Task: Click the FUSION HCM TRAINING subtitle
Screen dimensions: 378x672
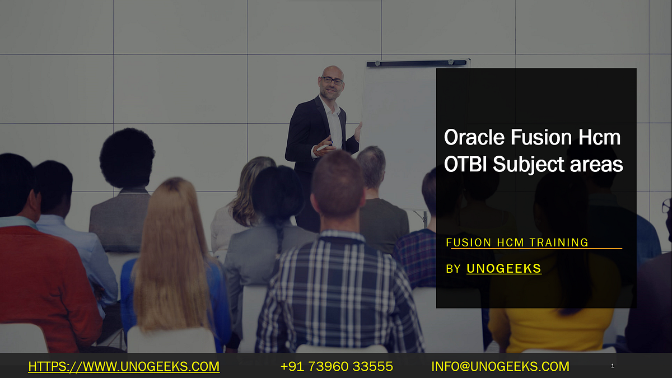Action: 517,242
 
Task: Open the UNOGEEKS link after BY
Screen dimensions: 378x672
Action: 504,269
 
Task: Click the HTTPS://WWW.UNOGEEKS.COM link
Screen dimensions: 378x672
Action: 124,367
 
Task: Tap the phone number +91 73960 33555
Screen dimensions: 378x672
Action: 337,367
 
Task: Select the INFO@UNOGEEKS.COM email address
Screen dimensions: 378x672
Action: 500,367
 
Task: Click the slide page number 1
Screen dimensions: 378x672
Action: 613,366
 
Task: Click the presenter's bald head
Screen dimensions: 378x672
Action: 332,71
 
